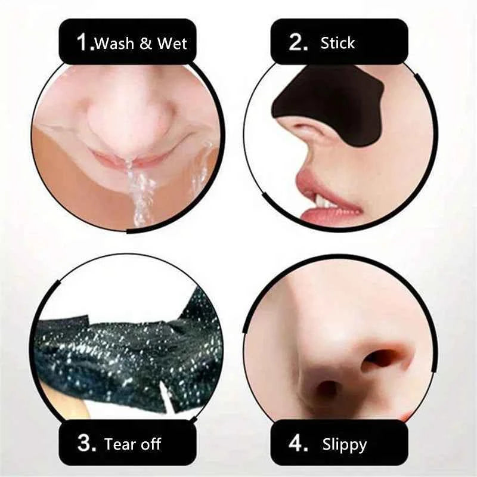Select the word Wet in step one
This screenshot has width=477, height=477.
pyautogui.click(x=173, y=43)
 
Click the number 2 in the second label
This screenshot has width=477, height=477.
pyautogui.click(x=297, y=42)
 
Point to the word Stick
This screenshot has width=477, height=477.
pyautogui.click(x=337, y=43)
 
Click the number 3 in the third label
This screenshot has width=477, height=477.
pyautogui.click(x=85, y=444)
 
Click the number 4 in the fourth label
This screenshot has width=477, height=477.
pyautogui.click(x=297, y=444)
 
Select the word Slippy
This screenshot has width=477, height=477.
pyautogui.click(x=345, y=444)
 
